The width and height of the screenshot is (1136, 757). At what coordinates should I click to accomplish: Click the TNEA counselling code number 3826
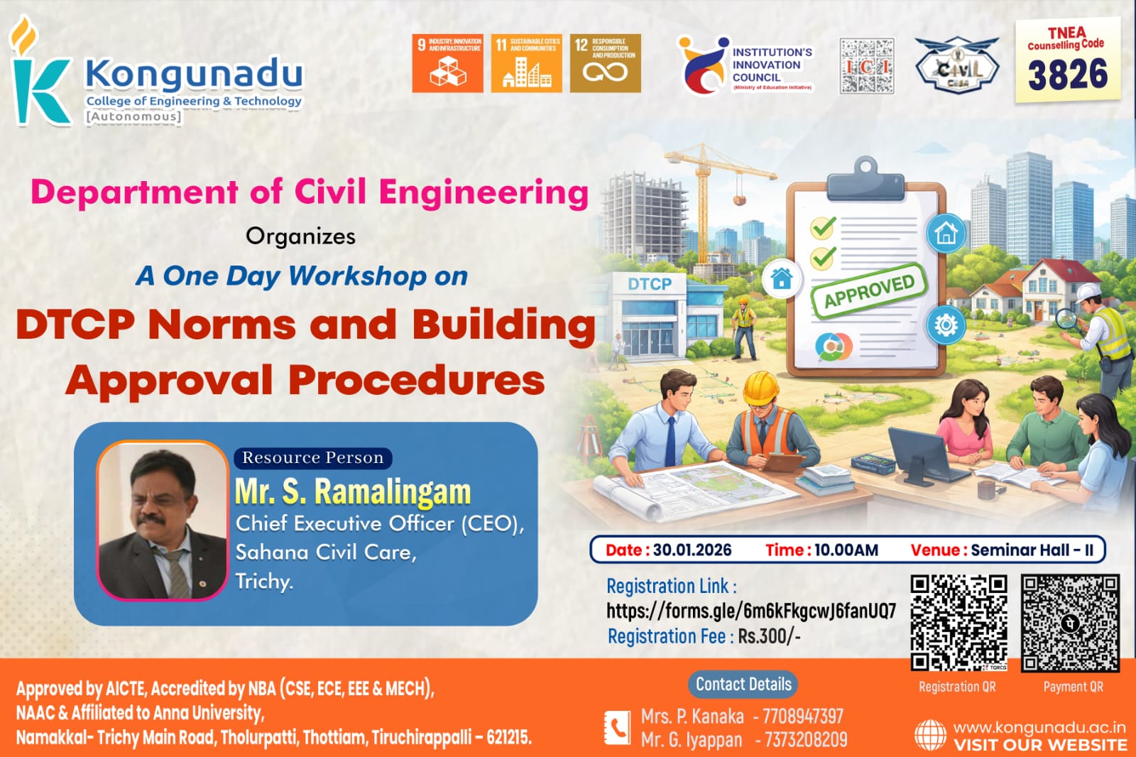(x=1067, y=75)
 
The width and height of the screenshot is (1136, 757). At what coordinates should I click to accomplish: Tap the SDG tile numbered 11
(x=526, y=63)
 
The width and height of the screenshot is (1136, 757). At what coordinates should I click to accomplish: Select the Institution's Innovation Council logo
(x=745, y=65)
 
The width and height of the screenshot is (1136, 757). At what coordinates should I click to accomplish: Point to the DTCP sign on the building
(x=649, y=284)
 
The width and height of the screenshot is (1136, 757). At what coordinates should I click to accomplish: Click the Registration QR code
(x=958, y=623)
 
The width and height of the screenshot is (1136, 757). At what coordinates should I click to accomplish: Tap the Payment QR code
(x=1070, y=623)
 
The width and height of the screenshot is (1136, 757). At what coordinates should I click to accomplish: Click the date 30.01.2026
(x=692, y=550)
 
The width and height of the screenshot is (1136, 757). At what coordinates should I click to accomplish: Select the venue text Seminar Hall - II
(x=1032, y=550)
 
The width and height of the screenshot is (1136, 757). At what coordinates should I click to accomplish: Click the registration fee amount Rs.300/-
(x=769, y=636)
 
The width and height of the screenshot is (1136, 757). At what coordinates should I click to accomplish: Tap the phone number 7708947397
(x=802, y=716)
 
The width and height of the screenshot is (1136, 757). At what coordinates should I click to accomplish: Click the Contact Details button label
(x=743, y=684)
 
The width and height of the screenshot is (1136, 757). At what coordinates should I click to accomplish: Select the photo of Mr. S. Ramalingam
(x=162, y=521)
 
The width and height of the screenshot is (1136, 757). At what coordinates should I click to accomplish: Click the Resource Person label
(x=312, y=458)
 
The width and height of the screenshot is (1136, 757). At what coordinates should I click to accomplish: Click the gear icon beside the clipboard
(x=945, y=325)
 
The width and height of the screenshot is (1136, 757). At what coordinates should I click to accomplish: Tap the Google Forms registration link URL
(x=750, y=611)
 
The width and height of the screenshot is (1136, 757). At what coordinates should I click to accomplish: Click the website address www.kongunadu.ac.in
(x=1039, y=727)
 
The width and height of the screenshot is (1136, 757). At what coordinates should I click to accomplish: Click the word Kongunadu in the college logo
(x=194, y=74)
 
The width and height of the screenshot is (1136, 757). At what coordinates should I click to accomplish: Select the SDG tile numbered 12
(x=605, y=63)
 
